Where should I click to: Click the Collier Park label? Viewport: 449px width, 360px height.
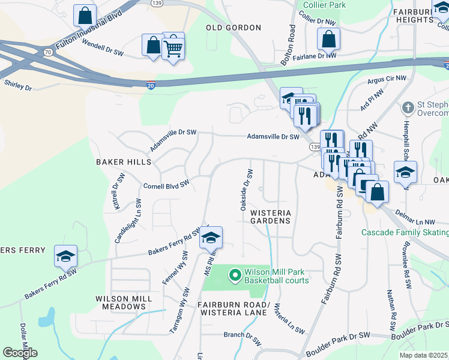[x=325, y=5]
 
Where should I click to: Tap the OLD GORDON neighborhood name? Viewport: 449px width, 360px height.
[x=234, y=28]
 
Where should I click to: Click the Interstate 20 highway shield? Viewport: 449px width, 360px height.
[x=151, y=86]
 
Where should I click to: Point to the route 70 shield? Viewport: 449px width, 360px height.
[x=47, y=53]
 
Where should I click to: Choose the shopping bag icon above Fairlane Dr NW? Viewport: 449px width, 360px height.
[x=328, y=40]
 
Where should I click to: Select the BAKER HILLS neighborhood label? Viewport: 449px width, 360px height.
[x=123, y=162]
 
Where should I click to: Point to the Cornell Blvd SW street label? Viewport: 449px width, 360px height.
[x=166, y=184]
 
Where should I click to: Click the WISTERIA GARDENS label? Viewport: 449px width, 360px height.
[x=270, y=217]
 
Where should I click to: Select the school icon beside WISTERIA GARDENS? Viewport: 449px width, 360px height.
[x=211, y=238]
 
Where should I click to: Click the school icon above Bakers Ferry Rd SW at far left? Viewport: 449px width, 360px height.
[x=65, y=256]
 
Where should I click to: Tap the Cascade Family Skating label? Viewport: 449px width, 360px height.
[x=405, y=232]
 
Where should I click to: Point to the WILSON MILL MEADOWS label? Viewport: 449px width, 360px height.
[x=121, y=302]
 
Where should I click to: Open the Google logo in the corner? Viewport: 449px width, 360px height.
[x=20, y=353]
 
